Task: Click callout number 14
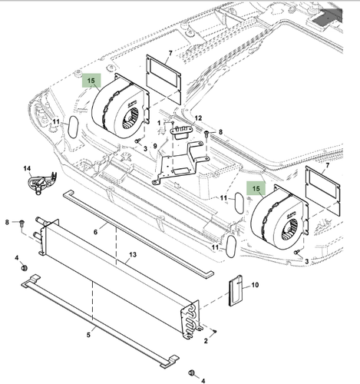pyautogui.click(x=27, y=168)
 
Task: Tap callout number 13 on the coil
pyautogui.click(x=133, y=254)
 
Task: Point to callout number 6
pyautogui.click(x=95, y=230)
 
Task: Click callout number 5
pyautogui.click(x=88, y=334)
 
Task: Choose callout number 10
pyautogui.click(x=256, y=285)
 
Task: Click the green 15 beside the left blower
pyautogui.click(x=91, y=80)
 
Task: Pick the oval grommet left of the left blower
pyautogui.click(x=74, y=127)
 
